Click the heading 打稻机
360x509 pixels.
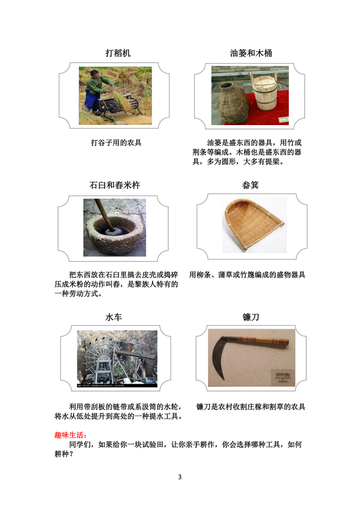[118, 53]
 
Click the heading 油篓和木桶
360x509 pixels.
[251, 53]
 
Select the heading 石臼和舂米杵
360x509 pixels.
[115, 185]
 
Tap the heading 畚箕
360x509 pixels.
[250, 185]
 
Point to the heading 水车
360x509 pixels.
[114, 317]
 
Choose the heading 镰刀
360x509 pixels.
[251, 317]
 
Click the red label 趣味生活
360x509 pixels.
[70, 435]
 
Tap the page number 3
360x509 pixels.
[180, 477]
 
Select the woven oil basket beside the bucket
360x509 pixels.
[233, 102]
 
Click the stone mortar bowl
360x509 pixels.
[114, 233]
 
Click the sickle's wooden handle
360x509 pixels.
[263, 342]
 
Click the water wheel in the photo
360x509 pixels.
[101, 361]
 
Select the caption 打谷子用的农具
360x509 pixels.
[116, 142]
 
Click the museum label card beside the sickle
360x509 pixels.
[283, 378]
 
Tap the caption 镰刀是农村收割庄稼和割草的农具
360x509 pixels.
[251, 407]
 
